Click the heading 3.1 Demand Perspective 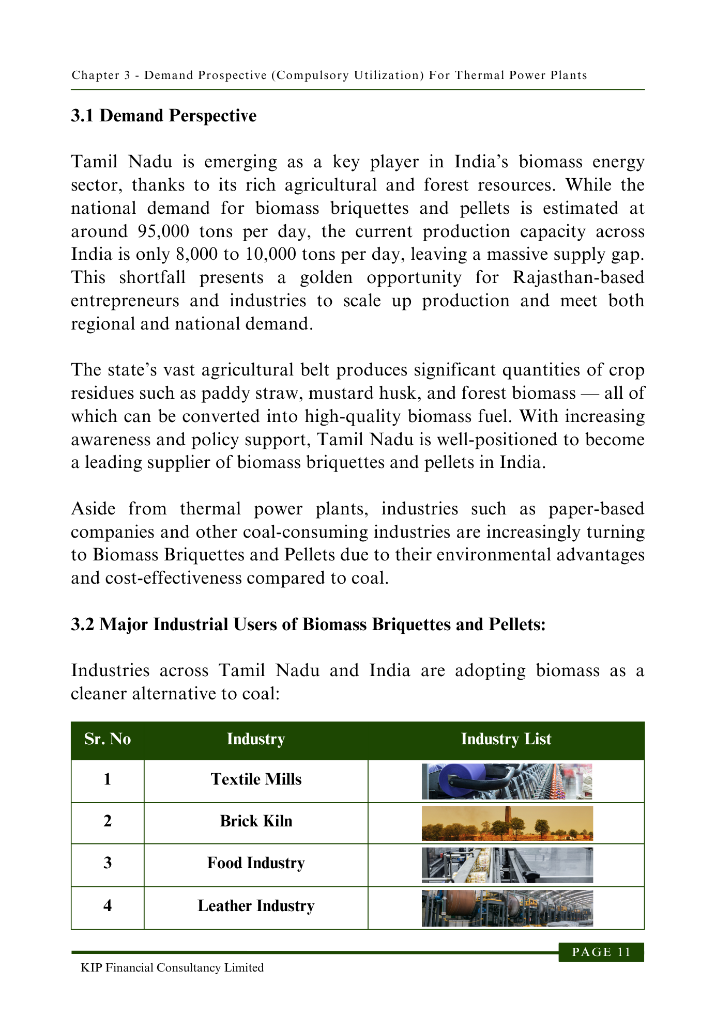point(163,116)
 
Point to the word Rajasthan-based point(578,277)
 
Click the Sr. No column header point(108,739)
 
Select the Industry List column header point(506,739)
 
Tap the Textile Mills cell point(256,779)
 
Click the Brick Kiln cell point(256,821)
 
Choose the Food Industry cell point(256,863)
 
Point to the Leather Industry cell point(256,906)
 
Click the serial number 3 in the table point(108,863)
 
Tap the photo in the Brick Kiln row point(507,823)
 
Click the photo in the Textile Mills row point(507,781)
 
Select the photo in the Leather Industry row point(507,908)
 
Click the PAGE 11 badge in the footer point(601,952)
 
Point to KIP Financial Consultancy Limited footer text point(172,968)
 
